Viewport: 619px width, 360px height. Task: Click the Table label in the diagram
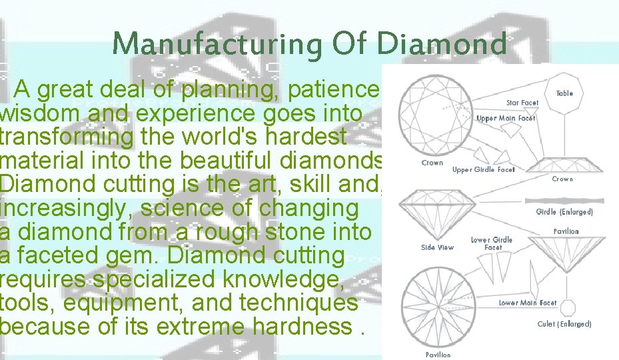coord(564,94)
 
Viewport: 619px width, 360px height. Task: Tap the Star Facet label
coord(522,103)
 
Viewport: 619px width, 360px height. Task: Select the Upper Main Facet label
coord(506,119)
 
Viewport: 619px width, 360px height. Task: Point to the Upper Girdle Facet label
coord(484,170)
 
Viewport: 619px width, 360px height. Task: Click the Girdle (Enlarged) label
coord(564,212)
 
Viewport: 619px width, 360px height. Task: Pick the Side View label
coord(437,247)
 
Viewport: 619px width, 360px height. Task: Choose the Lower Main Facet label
coord(528,303)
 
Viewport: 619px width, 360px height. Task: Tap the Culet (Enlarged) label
coord(564,324)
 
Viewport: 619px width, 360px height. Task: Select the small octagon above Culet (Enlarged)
coord(566,307)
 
